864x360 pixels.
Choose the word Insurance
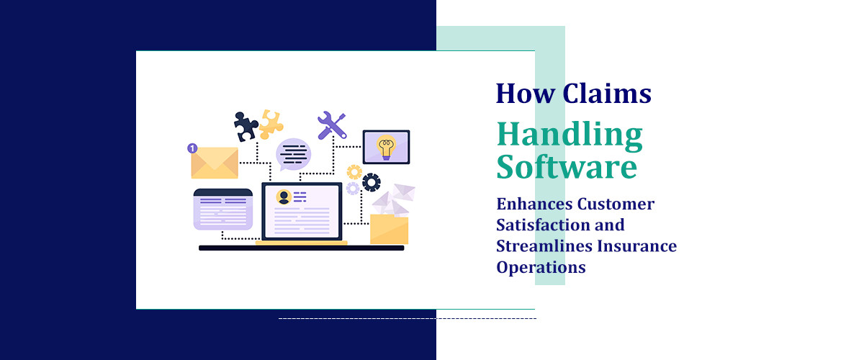click(641, 246)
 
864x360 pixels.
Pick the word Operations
click(541, 267)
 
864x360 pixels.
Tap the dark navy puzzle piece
click(246, 127)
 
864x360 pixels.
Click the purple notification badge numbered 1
click(192, 148)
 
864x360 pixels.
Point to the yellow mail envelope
click(215, 163)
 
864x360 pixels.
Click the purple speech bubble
click(294, 153)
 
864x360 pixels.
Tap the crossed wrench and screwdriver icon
click(332, 125)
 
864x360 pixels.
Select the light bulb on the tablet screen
click(386, 147)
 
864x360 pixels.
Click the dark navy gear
click(372, 182)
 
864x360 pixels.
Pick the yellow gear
click(354, 171)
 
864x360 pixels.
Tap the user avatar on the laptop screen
click(284, 197)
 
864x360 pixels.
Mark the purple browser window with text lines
click(223, 209)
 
